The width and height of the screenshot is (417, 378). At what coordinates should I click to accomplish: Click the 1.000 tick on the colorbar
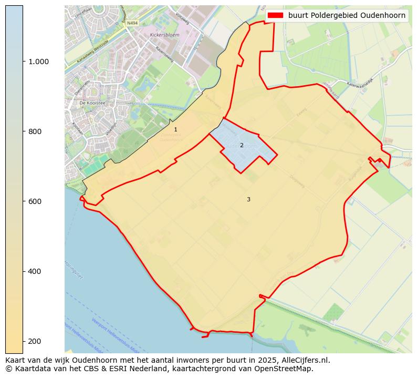point(39,62)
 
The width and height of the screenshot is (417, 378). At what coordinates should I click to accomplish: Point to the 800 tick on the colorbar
point(36,131)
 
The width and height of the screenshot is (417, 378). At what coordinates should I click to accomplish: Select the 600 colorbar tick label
point(36,201)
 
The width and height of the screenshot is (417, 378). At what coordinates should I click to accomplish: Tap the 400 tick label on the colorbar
point(36,271)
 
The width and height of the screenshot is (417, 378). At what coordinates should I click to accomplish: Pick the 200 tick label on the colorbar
point(36,341)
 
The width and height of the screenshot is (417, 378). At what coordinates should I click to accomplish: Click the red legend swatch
point(275,15)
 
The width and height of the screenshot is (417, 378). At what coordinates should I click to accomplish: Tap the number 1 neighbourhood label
point(175,129)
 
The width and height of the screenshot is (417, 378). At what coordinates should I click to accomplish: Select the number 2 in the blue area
point(242,145)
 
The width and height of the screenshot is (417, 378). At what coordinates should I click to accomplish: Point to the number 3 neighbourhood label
point(248,199)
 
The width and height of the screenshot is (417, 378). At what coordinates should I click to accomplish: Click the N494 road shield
point(132,23)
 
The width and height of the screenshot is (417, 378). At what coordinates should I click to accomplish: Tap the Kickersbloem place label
point(161,35)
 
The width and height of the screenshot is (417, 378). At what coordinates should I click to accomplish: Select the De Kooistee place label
point(92,103)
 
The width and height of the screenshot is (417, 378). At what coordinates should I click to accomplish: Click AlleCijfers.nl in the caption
point(299,360)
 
